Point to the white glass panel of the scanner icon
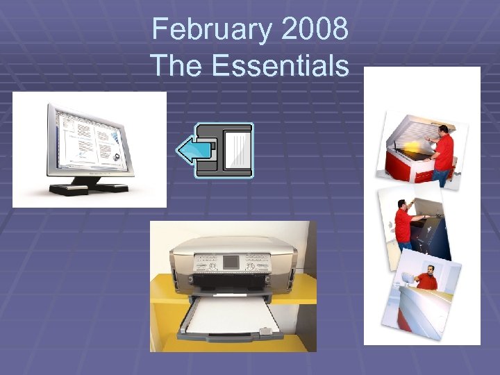click(x=236, y=150)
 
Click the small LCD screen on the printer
click(x=231, y=263)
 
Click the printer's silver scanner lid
click(x=229, y=243)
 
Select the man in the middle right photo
click(x=403, y=226)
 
